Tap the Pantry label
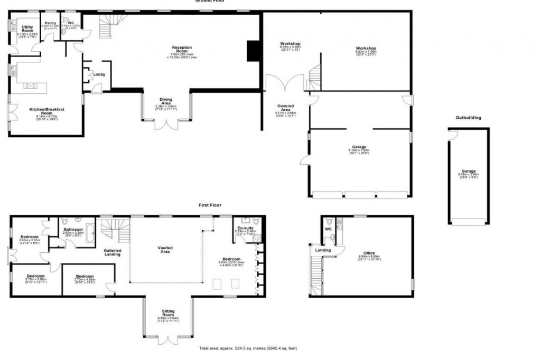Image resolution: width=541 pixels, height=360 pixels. (x=51, y=23)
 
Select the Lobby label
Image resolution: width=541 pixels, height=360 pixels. (x=99, y=74)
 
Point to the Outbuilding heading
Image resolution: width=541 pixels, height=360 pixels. (x=468, y=118)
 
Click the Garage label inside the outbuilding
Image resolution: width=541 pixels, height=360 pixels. (x=469, y=171)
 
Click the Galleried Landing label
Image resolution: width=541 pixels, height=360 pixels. (x=112, y=252)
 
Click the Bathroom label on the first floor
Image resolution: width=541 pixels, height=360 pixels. (x=73, y=230)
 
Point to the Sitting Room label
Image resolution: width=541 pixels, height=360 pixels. (x=168, y=312)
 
